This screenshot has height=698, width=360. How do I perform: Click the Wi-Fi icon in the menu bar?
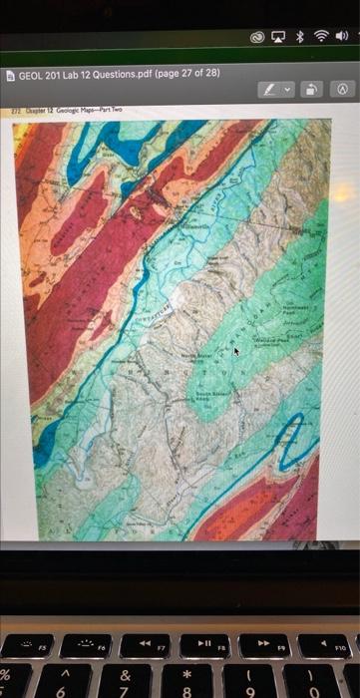click(x=320, y=37)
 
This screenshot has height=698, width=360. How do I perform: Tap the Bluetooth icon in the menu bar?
click(x=297, y=37)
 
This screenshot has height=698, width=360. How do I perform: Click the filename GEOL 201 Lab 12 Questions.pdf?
click(x=80, y=75)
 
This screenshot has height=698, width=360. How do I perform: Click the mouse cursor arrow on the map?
click(x=237, y=351)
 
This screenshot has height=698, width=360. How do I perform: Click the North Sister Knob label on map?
click(x=194, y=356)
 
